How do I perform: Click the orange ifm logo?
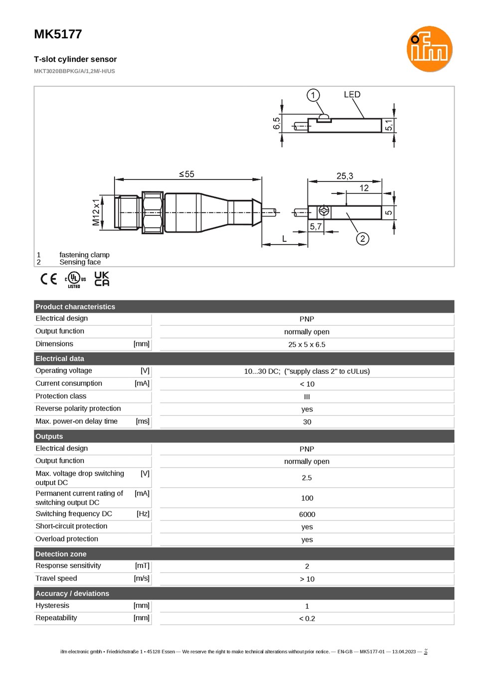(x=429, y=49)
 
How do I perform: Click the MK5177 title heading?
(x=58, y=34)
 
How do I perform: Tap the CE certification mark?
(x=49, y=279)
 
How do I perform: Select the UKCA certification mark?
(x=102, y=279)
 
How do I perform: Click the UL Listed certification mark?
(x=75, y=280)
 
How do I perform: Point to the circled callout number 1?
(x=313, y=95)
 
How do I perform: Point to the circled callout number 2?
(x=362, y=239)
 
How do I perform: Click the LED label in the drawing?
(x=352, y=95)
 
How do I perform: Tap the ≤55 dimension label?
(x=186, y=174)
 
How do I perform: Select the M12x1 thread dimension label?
(x=96, y=212)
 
